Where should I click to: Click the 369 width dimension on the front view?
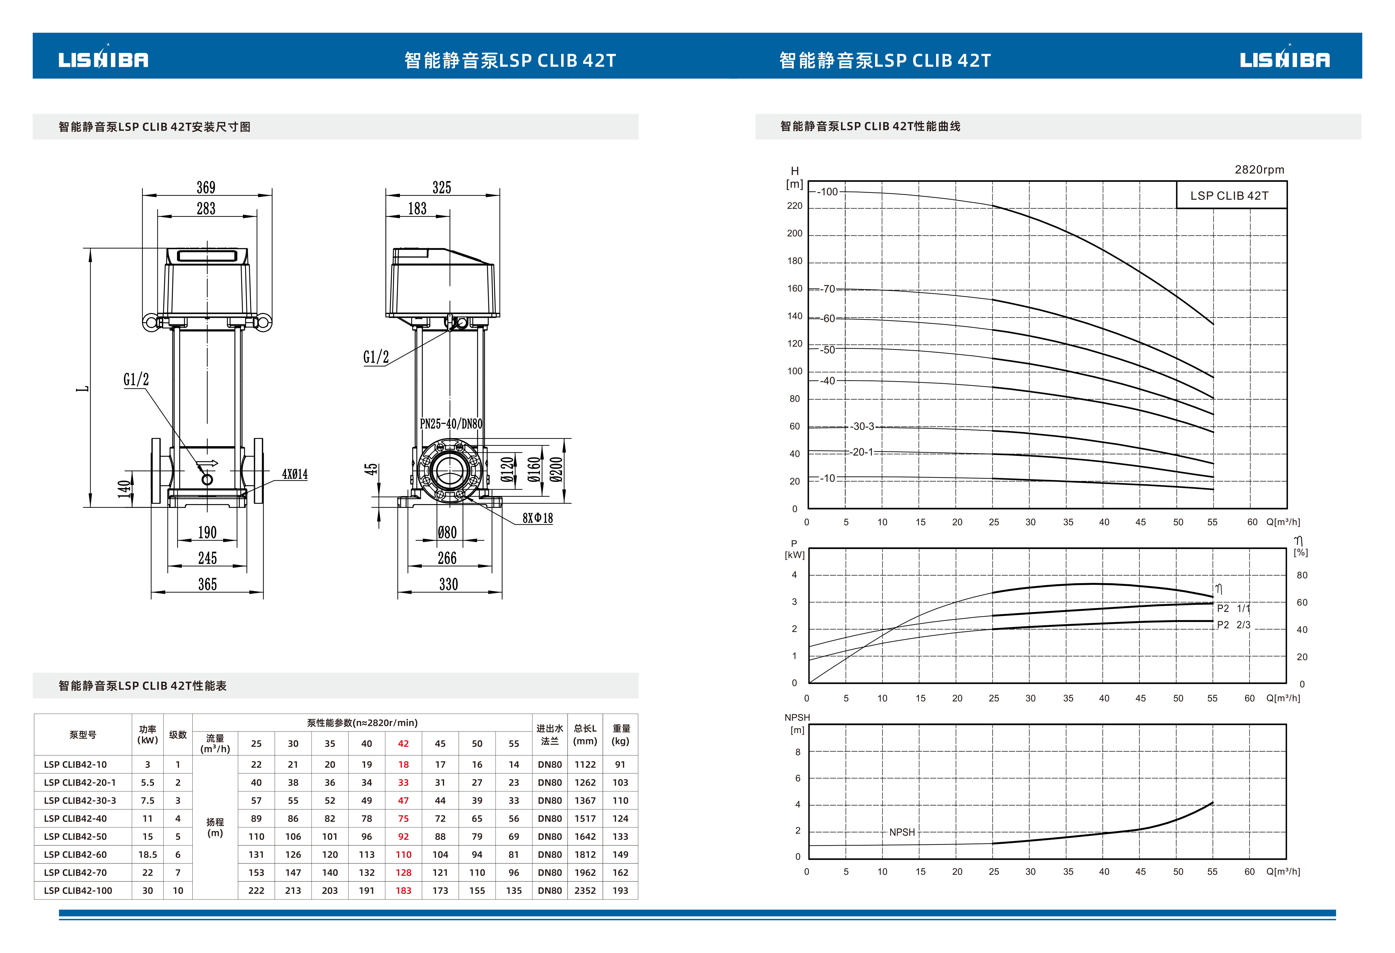[206, 187]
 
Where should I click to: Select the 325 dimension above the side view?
[442, 187]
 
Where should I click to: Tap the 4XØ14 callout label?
[295, 474]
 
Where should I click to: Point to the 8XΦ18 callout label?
[537, 518]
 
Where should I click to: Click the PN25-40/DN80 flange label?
[451, 424]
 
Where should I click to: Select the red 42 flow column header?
[403, 744]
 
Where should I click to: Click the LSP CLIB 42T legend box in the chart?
[1229, 196]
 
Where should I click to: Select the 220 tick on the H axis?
[795, 206]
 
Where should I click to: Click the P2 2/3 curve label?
[1234, 625]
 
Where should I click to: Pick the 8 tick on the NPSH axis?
[798, 752]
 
